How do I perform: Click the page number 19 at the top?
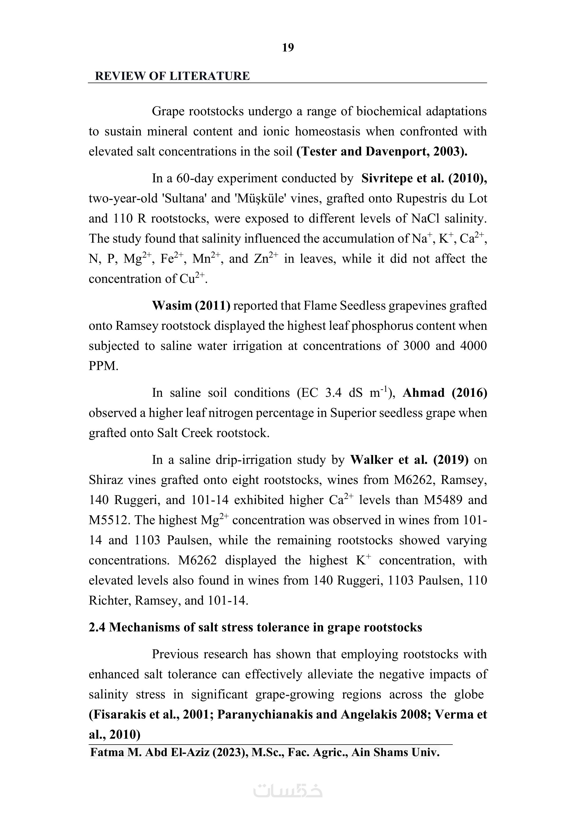[x=288, y=47]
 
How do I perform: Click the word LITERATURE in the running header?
[x=209, y=76]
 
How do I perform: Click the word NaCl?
[x=426, y=218]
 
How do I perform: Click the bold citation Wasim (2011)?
[x=191, y=306]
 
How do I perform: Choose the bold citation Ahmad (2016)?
[x=445, y=393]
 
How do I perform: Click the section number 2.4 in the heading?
[x=97, y=627]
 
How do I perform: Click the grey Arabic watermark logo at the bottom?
[x=288, y=790]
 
